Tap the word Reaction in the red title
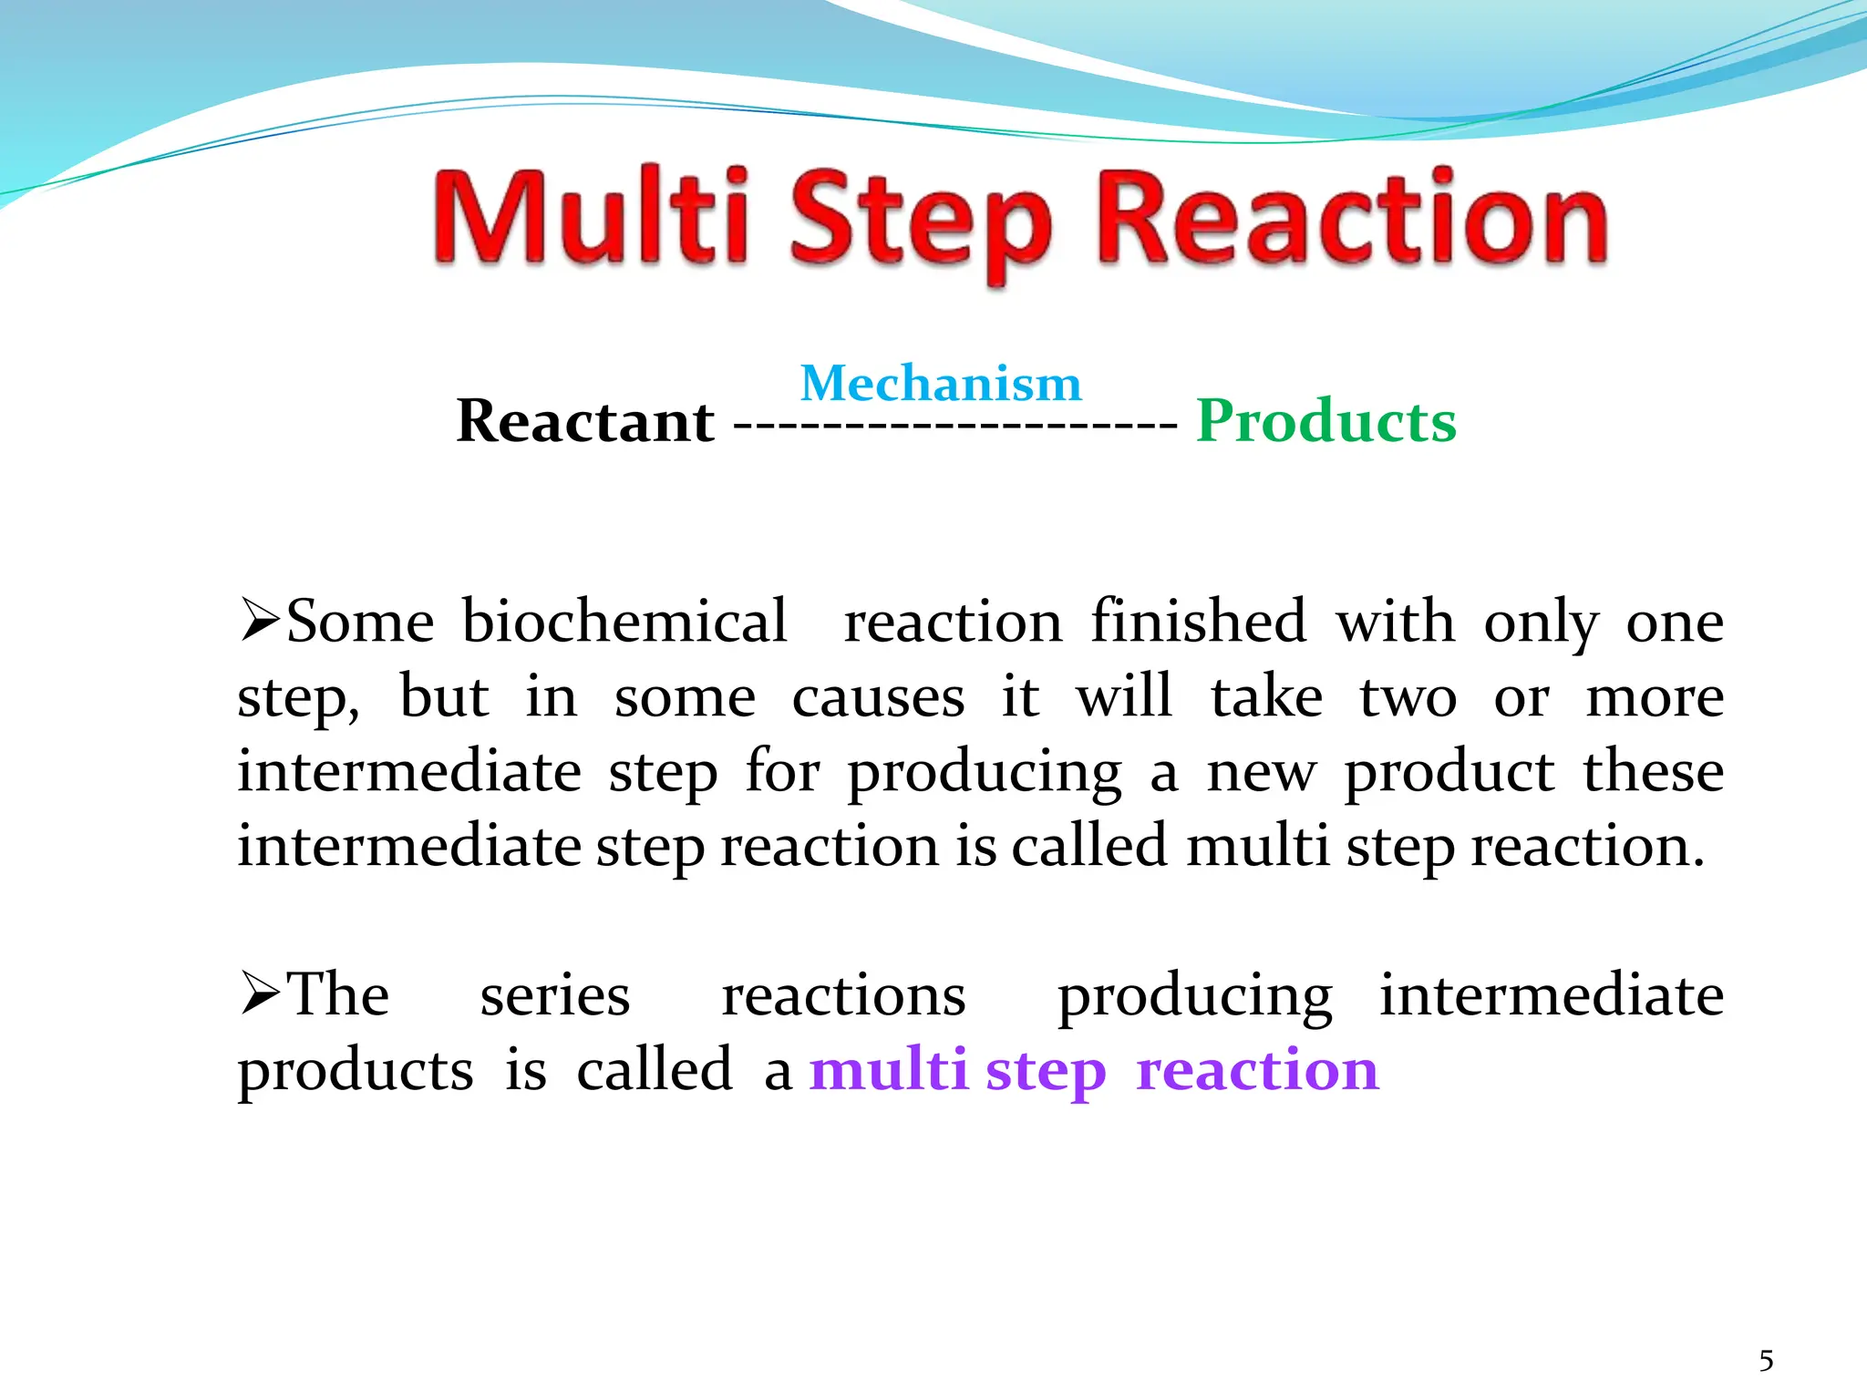coord(1353,219)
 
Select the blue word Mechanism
coord(941,383)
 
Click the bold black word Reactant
coord(585,421)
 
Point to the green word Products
coord(1326,421)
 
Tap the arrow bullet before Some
coord(260,620)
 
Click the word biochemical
coord(624,622)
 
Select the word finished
coord(1198,622)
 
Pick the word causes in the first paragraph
coord(878,698)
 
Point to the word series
coord(554,994)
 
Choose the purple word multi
coord(888,1069)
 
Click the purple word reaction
coord(1257,1069)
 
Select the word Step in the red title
coord(921,223)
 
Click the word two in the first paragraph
coord(1408,698)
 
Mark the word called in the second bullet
coord(654,1069)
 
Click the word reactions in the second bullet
coord(843,994)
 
